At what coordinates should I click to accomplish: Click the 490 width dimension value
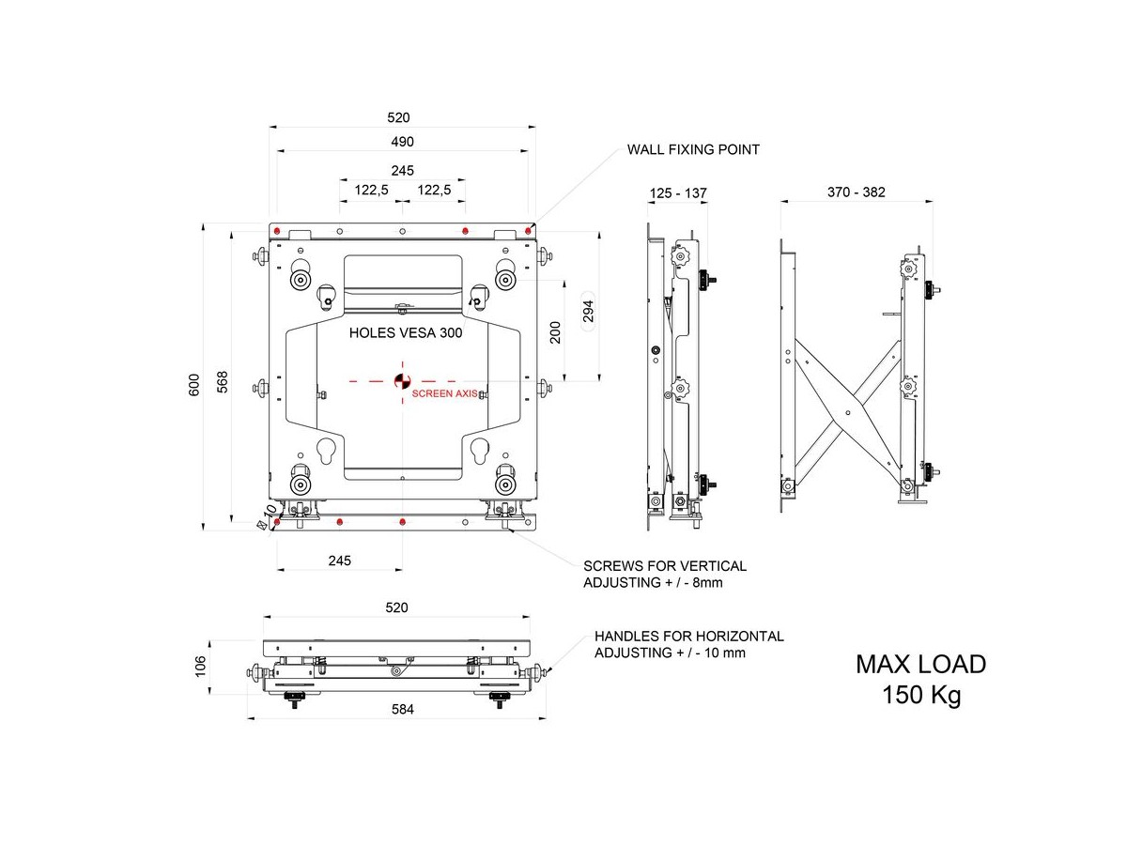pos(402,141)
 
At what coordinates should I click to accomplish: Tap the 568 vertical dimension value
pos(223,383)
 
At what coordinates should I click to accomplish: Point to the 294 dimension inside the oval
pos(589,312)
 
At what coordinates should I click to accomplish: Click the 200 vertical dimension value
pos(556,332)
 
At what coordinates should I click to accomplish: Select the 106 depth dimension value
pos(199,665)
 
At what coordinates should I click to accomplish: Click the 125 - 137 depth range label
pos(677,193)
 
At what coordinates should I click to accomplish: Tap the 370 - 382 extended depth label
pos(856,192)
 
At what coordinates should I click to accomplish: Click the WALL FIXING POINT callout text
pos(693,149)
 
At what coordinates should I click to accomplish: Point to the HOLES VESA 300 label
pos(406,332)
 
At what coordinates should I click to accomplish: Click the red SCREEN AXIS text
pos(445,394)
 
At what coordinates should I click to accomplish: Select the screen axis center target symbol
pos(401,380)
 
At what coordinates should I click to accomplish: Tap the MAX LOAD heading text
pos(920,665)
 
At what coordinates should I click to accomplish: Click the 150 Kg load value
pos(920,697)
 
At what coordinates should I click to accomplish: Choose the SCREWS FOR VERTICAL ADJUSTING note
pos(665,575)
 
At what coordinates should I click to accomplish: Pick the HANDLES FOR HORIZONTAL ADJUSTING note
pos(688,644)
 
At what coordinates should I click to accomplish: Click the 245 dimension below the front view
pos(339,561)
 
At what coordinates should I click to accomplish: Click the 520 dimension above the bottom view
pos(396,607)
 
